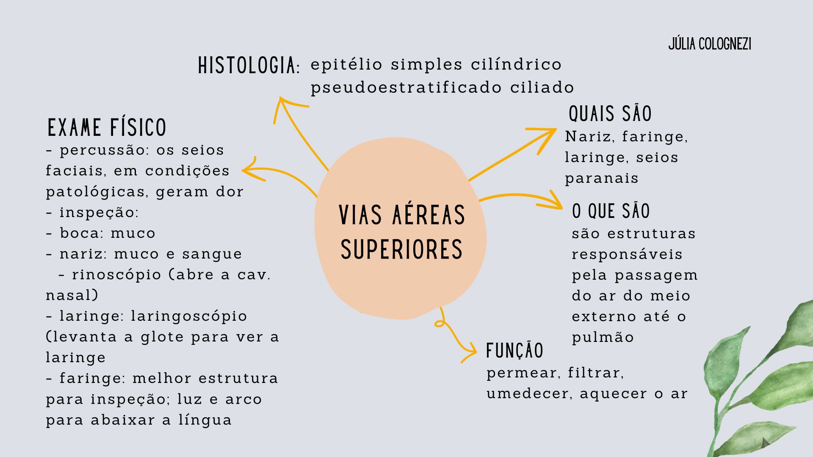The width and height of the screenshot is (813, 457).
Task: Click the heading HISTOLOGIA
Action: pos(248,66)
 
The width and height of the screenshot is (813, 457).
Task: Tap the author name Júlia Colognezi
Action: pos(710,44)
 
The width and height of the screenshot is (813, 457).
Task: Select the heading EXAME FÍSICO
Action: pos(107,128)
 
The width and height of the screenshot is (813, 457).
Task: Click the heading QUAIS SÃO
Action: pos(610,114)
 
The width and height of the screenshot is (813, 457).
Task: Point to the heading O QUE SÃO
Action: pos(611,211)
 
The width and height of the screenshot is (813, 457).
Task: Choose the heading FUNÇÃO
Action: pos(514,351)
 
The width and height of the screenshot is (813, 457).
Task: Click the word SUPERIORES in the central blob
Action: pos(401,250)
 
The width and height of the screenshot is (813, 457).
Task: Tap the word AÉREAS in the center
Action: pos(429,215)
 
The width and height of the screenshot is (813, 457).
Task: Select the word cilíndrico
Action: pos(516,65)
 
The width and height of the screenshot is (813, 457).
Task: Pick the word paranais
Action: pos(601,179)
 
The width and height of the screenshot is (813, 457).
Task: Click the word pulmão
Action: pos(603,338)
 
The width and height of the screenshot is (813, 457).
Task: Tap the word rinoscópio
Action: pos(116,275)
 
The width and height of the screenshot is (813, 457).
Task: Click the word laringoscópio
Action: pos(189,316)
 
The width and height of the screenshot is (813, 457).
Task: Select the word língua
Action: pos(205,420)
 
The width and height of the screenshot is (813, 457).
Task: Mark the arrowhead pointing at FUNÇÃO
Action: pos(473,351)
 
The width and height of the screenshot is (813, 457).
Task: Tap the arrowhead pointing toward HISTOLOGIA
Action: pos(281,102)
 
